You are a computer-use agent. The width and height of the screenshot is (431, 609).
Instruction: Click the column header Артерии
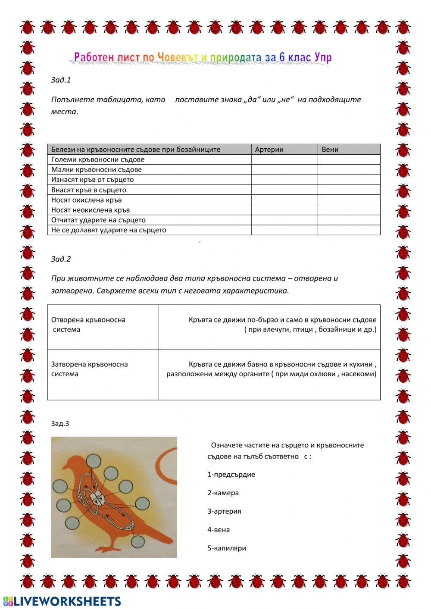coord(269,150)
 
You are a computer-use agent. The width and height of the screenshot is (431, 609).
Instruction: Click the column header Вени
coord(330,150)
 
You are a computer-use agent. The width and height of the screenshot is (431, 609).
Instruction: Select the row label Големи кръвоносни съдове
coord(98,159)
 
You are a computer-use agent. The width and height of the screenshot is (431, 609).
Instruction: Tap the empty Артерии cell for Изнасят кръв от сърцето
coord(284,180)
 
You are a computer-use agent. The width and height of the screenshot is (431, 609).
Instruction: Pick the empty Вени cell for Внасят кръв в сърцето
coord(349,190)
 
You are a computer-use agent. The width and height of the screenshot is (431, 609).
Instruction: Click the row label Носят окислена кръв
coord(87,200)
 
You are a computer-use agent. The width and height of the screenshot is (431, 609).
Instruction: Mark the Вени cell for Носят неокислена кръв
coord(349,210)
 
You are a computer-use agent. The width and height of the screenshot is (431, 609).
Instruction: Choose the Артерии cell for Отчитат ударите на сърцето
coord(284,220)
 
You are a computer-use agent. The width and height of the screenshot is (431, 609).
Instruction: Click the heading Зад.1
coord(61,80)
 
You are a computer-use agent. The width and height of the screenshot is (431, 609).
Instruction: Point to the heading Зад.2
coord(61,259)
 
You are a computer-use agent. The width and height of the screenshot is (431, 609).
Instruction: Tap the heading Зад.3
coord(60,424)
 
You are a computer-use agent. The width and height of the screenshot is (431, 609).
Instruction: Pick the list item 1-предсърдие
coord(231,475)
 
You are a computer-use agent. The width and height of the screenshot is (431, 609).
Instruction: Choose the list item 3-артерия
coord(224,512)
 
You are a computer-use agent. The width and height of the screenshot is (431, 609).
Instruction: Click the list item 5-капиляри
coord(227,549)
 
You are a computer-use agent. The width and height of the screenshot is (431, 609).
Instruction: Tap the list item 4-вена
coord(219,530)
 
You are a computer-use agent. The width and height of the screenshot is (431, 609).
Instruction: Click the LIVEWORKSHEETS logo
coord(62,601)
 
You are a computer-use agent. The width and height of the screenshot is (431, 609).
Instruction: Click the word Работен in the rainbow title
coord(91,57)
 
